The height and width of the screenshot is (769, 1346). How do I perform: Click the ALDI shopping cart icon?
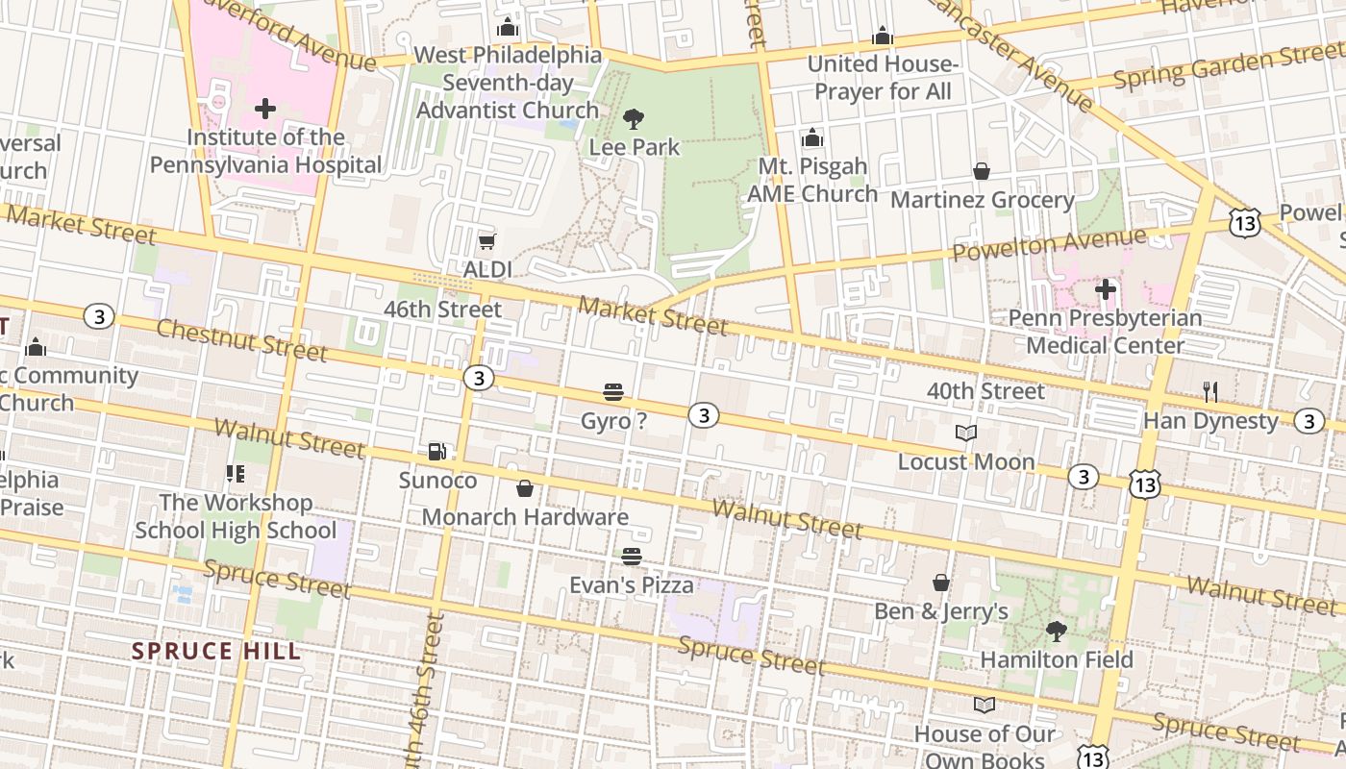click(486, 241)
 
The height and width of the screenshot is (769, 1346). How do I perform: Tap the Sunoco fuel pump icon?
click(436, 452)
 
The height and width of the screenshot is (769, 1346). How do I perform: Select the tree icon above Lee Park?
click(633, 119)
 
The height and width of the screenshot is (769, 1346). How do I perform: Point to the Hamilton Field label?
click(1056, 659)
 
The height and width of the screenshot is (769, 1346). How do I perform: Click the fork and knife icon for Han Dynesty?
click(1210, 392)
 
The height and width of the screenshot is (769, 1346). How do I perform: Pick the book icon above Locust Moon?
click(965, 434)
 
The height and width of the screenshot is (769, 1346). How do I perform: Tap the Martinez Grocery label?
click(982, 200)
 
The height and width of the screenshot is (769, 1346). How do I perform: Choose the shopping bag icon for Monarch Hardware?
click(525, 489)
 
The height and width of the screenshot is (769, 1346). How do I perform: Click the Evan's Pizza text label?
click(631, 584)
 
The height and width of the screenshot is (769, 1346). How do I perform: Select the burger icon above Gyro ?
click(613, 392)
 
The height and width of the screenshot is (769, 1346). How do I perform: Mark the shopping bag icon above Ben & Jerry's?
click(940, 583)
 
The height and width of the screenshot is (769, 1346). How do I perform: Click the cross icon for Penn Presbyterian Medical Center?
click(1105, 288)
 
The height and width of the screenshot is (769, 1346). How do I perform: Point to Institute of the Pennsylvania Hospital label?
click(265, 151)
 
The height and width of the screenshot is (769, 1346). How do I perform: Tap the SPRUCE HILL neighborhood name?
click(216, 651)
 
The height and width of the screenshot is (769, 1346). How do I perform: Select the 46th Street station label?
click(442, 310)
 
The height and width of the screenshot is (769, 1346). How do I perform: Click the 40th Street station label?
click(985, 391)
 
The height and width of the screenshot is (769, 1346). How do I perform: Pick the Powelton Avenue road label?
click(1048, 244)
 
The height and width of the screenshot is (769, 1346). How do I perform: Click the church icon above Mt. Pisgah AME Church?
click(812, 138)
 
